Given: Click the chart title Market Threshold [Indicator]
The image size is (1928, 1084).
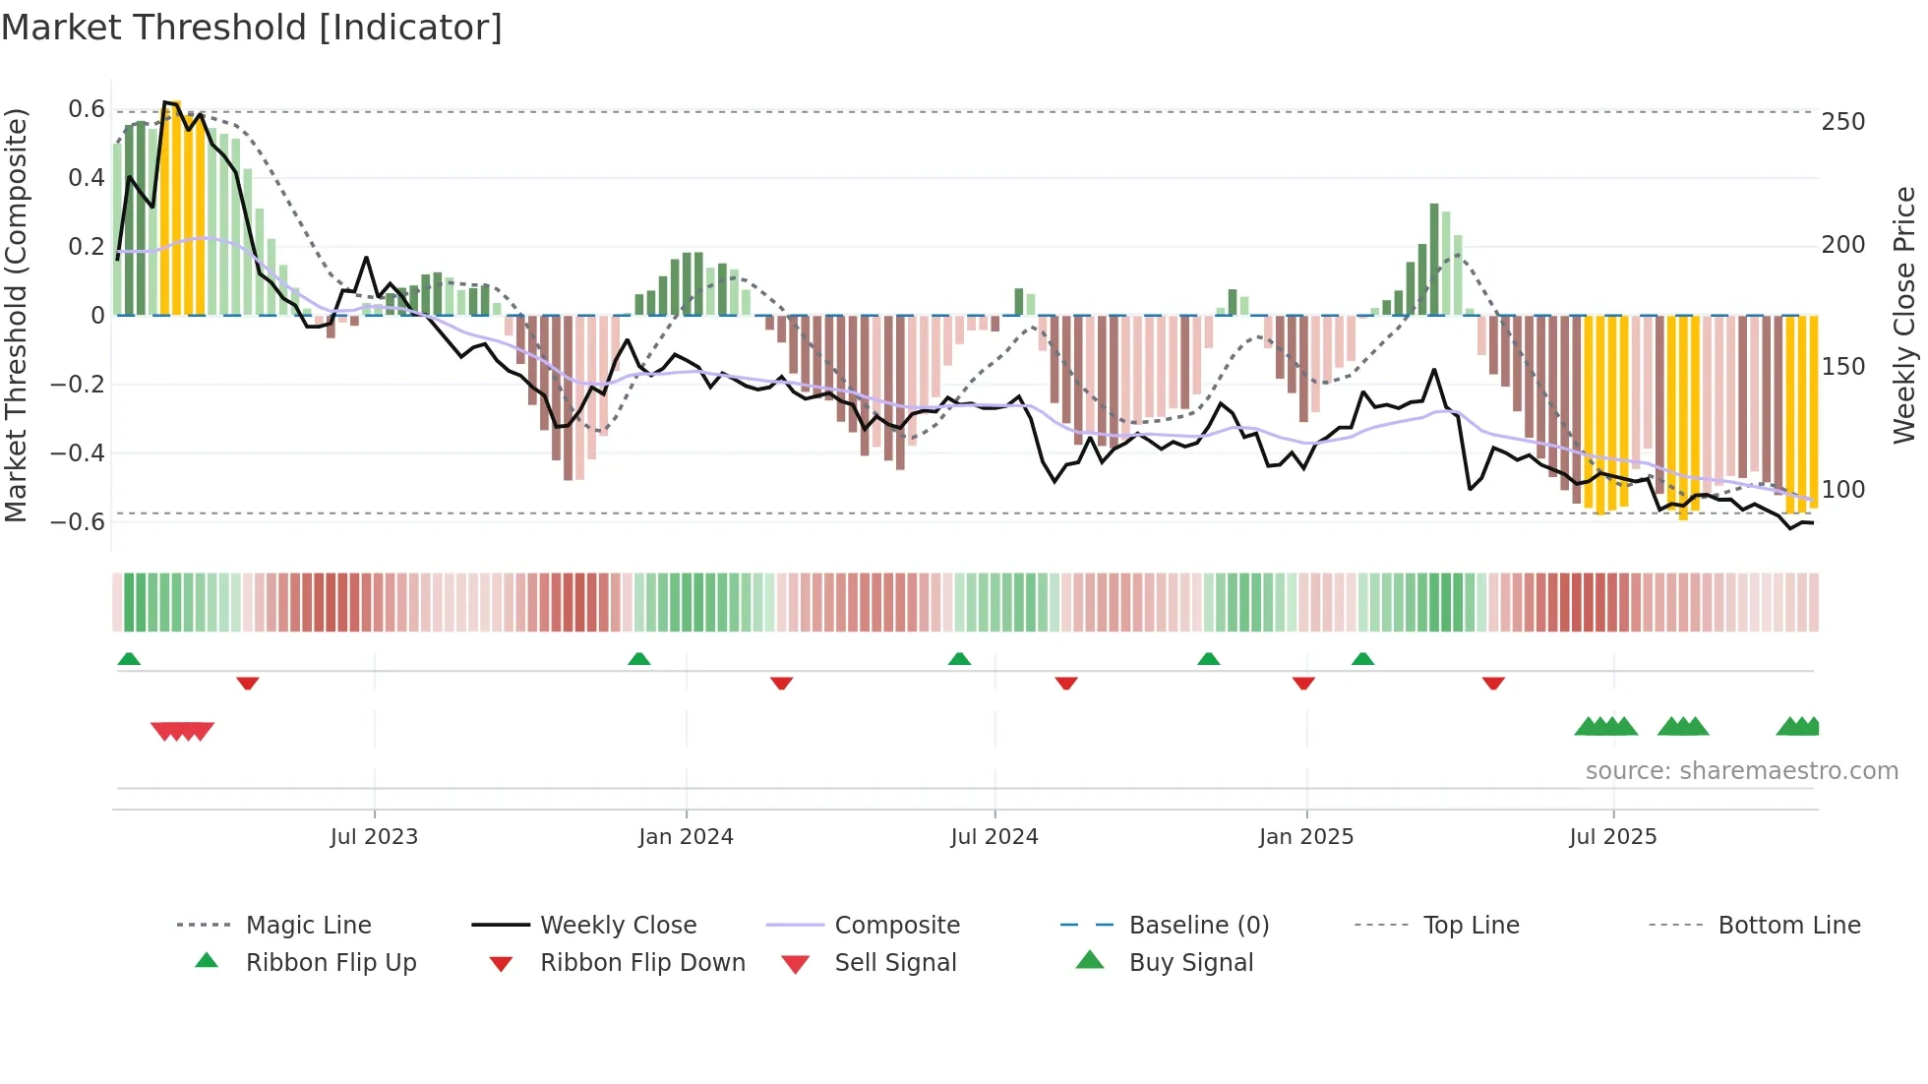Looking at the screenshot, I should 252,28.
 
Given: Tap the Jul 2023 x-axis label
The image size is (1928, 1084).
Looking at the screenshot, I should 374,837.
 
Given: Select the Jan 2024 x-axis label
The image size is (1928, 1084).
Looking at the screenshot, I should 686,837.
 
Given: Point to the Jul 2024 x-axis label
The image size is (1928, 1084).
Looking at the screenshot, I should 994,837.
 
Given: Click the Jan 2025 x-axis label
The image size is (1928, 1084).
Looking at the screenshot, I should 1305,837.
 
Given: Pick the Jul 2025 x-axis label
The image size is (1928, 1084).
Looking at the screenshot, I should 1612,837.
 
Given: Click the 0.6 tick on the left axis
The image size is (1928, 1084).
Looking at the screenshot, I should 87,109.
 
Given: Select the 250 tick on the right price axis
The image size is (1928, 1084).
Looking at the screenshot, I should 1842,122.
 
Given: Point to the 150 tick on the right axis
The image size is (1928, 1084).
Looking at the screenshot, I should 1842,367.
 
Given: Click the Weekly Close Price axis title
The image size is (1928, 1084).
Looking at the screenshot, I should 1904,315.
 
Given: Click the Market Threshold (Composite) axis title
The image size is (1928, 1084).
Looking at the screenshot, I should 16,315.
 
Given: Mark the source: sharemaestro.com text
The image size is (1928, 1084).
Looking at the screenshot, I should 1741,771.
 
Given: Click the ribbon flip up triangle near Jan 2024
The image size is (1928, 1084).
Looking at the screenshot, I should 639,659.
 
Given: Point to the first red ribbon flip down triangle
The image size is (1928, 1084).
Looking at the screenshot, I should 248,683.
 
